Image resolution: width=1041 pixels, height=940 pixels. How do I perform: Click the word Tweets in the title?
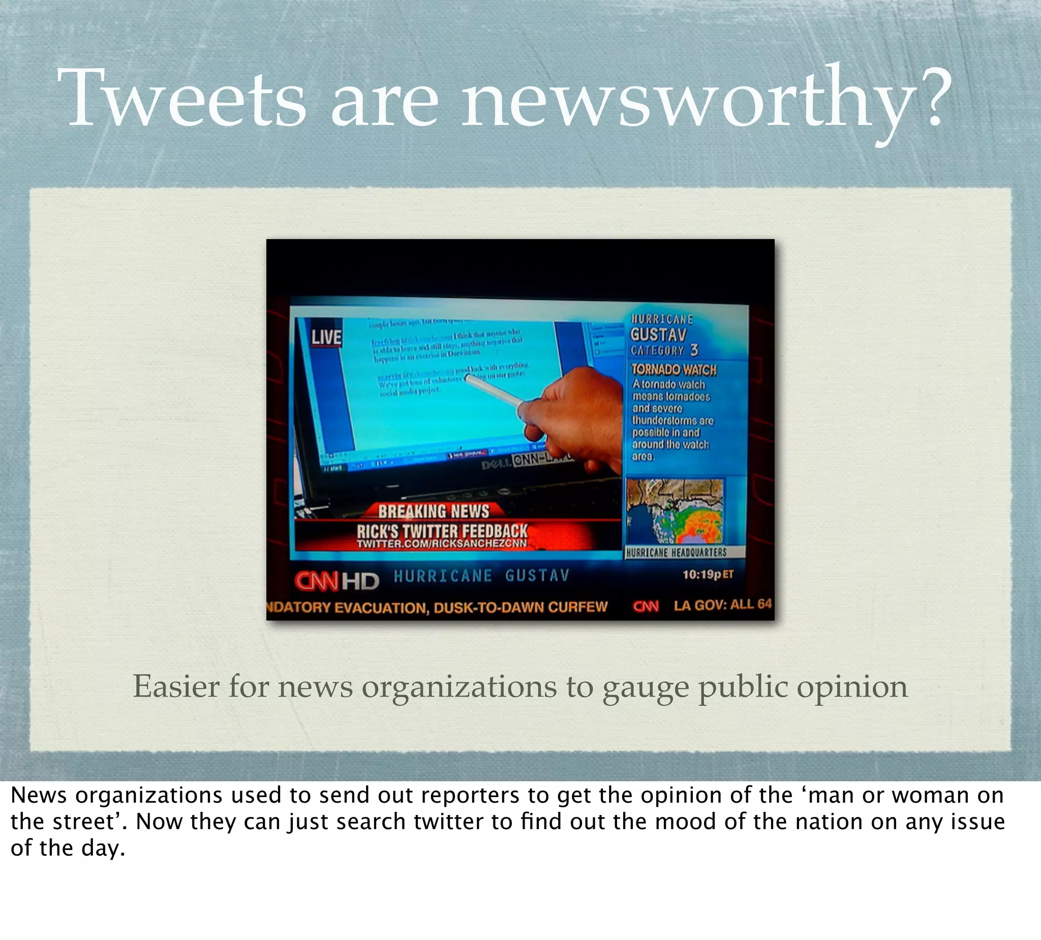(x=181, y=98)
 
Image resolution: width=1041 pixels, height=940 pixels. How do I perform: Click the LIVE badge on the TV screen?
(x=326, y=337)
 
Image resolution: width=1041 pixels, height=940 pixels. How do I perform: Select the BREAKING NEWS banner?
(x=434, y=511)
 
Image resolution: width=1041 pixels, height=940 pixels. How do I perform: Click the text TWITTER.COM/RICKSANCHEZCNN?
(x=442, y=543)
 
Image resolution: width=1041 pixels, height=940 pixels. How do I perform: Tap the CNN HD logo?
(x=336, y=581)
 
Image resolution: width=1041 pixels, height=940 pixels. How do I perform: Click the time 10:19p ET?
(x=708, y=575)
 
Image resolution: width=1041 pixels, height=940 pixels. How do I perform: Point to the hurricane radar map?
(x=675, y=512)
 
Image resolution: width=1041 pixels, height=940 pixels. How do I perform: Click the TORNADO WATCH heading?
(x=673, y=370)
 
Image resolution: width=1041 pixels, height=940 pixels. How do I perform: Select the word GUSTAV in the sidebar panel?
(x=658, y=335)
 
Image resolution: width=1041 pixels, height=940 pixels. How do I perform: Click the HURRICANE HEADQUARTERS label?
(x=676, y=552)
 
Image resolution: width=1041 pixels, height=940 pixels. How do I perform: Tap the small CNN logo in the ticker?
(x=646, y=606)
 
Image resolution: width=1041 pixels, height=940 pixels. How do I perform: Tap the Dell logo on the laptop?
(x=496, y=465)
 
